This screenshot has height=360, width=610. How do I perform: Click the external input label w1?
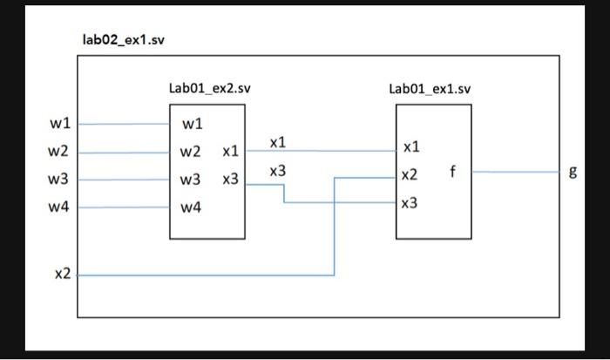[x=58, y=123]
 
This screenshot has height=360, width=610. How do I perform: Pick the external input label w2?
[x=58, y=152]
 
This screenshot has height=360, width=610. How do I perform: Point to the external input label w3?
[x=58, y=180]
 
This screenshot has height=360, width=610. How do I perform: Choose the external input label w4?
[x=58, y=207]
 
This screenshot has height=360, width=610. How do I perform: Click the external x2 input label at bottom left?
[x=62, y=275]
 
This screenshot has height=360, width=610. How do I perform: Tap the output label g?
[x=573, y=172]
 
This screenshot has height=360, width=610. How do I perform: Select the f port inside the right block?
[x=452, y=171]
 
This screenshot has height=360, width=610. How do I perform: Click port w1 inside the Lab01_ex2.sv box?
[x=192, y=124]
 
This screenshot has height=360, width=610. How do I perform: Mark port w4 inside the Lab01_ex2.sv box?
[x=192, y=207]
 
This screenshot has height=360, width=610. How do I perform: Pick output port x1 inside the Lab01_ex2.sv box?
[x=230, y=152]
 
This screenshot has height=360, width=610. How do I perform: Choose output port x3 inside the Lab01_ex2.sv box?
[x=230, y=180]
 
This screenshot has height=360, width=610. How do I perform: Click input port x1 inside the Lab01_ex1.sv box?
[x=410, y=147]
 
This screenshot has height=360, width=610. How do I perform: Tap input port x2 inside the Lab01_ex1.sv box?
[x=410, y=175]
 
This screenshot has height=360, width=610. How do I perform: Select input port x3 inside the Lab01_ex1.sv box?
[x=410, y=203]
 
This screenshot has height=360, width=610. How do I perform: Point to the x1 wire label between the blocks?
[x=277, y=142]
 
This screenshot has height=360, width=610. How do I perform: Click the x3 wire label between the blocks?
[x=277, y=172]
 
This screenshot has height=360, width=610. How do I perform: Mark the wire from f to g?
[x=514, y=172]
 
